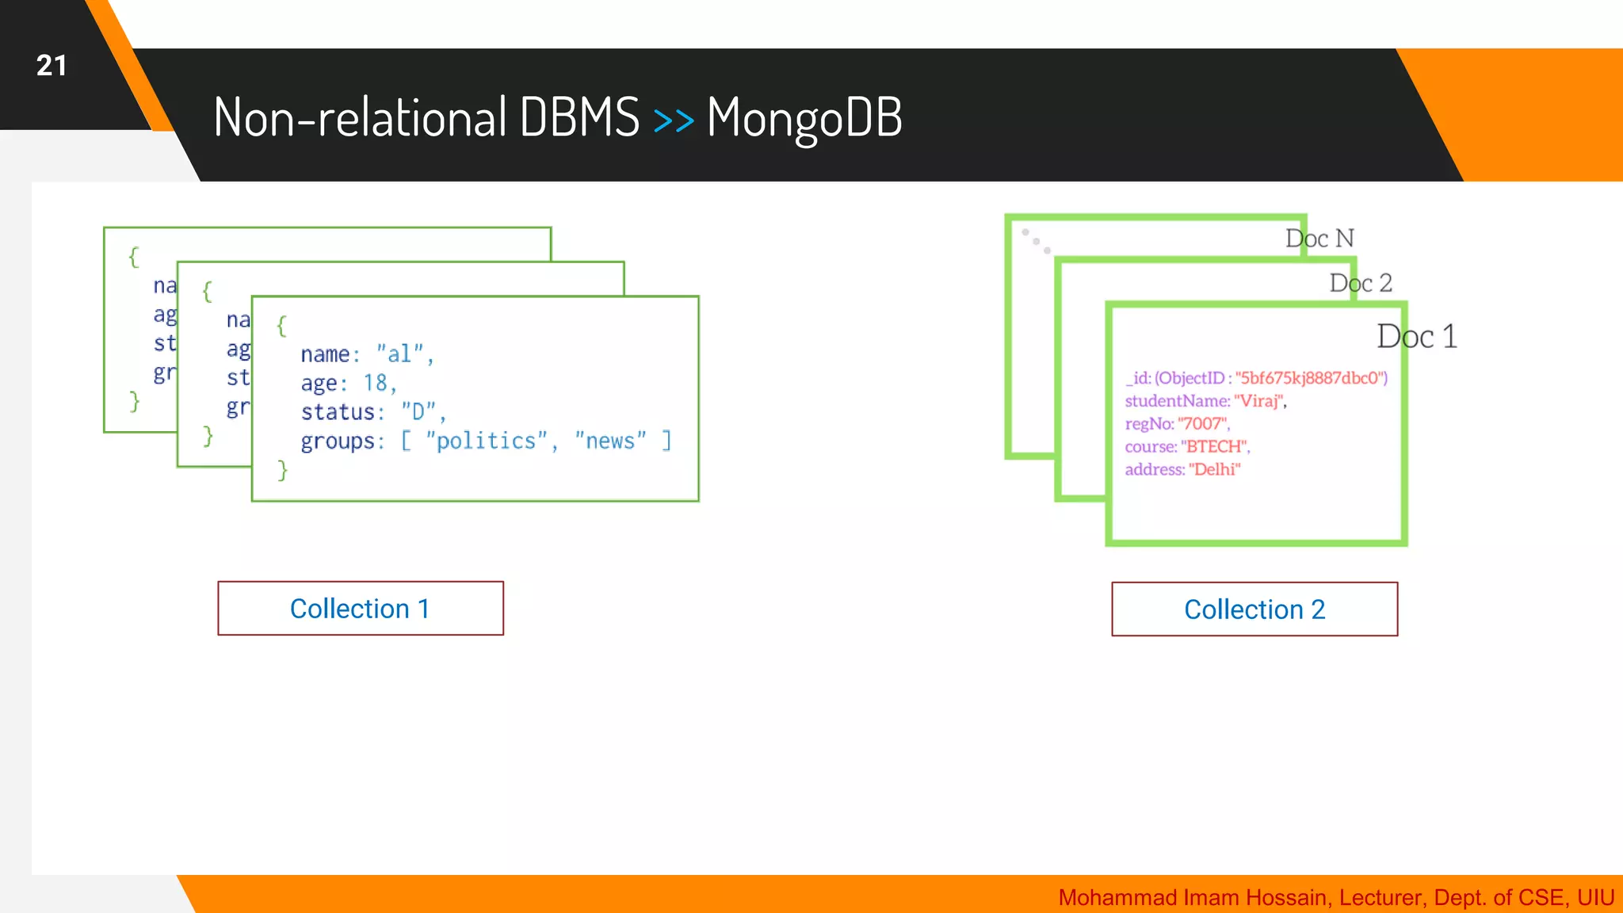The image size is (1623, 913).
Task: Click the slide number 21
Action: tap(52, 66)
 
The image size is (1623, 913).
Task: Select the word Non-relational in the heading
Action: tap(360, 117)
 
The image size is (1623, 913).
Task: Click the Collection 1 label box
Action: tap(361, 609)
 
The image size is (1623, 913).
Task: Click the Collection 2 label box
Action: tap(1254, 609)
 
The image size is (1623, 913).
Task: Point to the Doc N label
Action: tap(1319, 239)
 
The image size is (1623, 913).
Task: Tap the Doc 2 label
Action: tap(1361, 283)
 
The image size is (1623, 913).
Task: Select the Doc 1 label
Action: tap(1416, 337)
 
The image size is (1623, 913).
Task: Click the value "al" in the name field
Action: tap(400, 353)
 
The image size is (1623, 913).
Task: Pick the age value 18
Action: tap(375, 383)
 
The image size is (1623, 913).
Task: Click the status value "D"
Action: tap(418, 412)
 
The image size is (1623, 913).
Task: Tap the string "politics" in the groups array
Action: tap(487, 441)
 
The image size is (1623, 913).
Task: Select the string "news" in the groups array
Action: tap(610, 441)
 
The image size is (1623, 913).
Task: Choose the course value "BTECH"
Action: tap(1213, 447)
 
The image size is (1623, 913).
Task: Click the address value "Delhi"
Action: tap(1214, 470)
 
